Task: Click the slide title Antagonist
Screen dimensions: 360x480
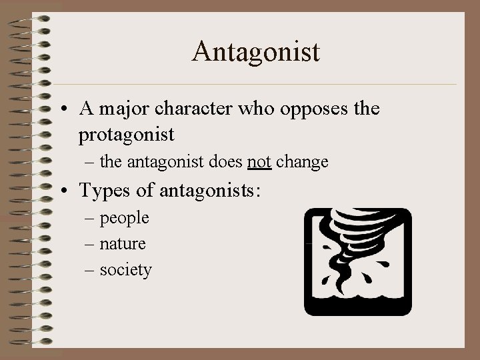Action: (256, 51)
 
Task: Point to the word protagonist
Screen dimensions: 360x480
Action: (127, 135)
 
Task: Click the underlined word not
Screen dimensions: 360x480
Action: (259, 162)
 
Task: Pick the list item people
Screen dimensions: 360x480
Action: (125, 218)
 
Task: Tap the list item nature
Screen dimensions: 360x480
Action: (123, 244)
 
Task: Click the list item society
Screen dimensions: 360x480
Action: (125, 270)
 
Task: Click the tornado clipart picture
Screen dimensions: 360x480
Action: (358, 261)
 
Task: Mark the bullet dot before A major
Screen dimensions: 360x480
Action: (67, 109)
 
